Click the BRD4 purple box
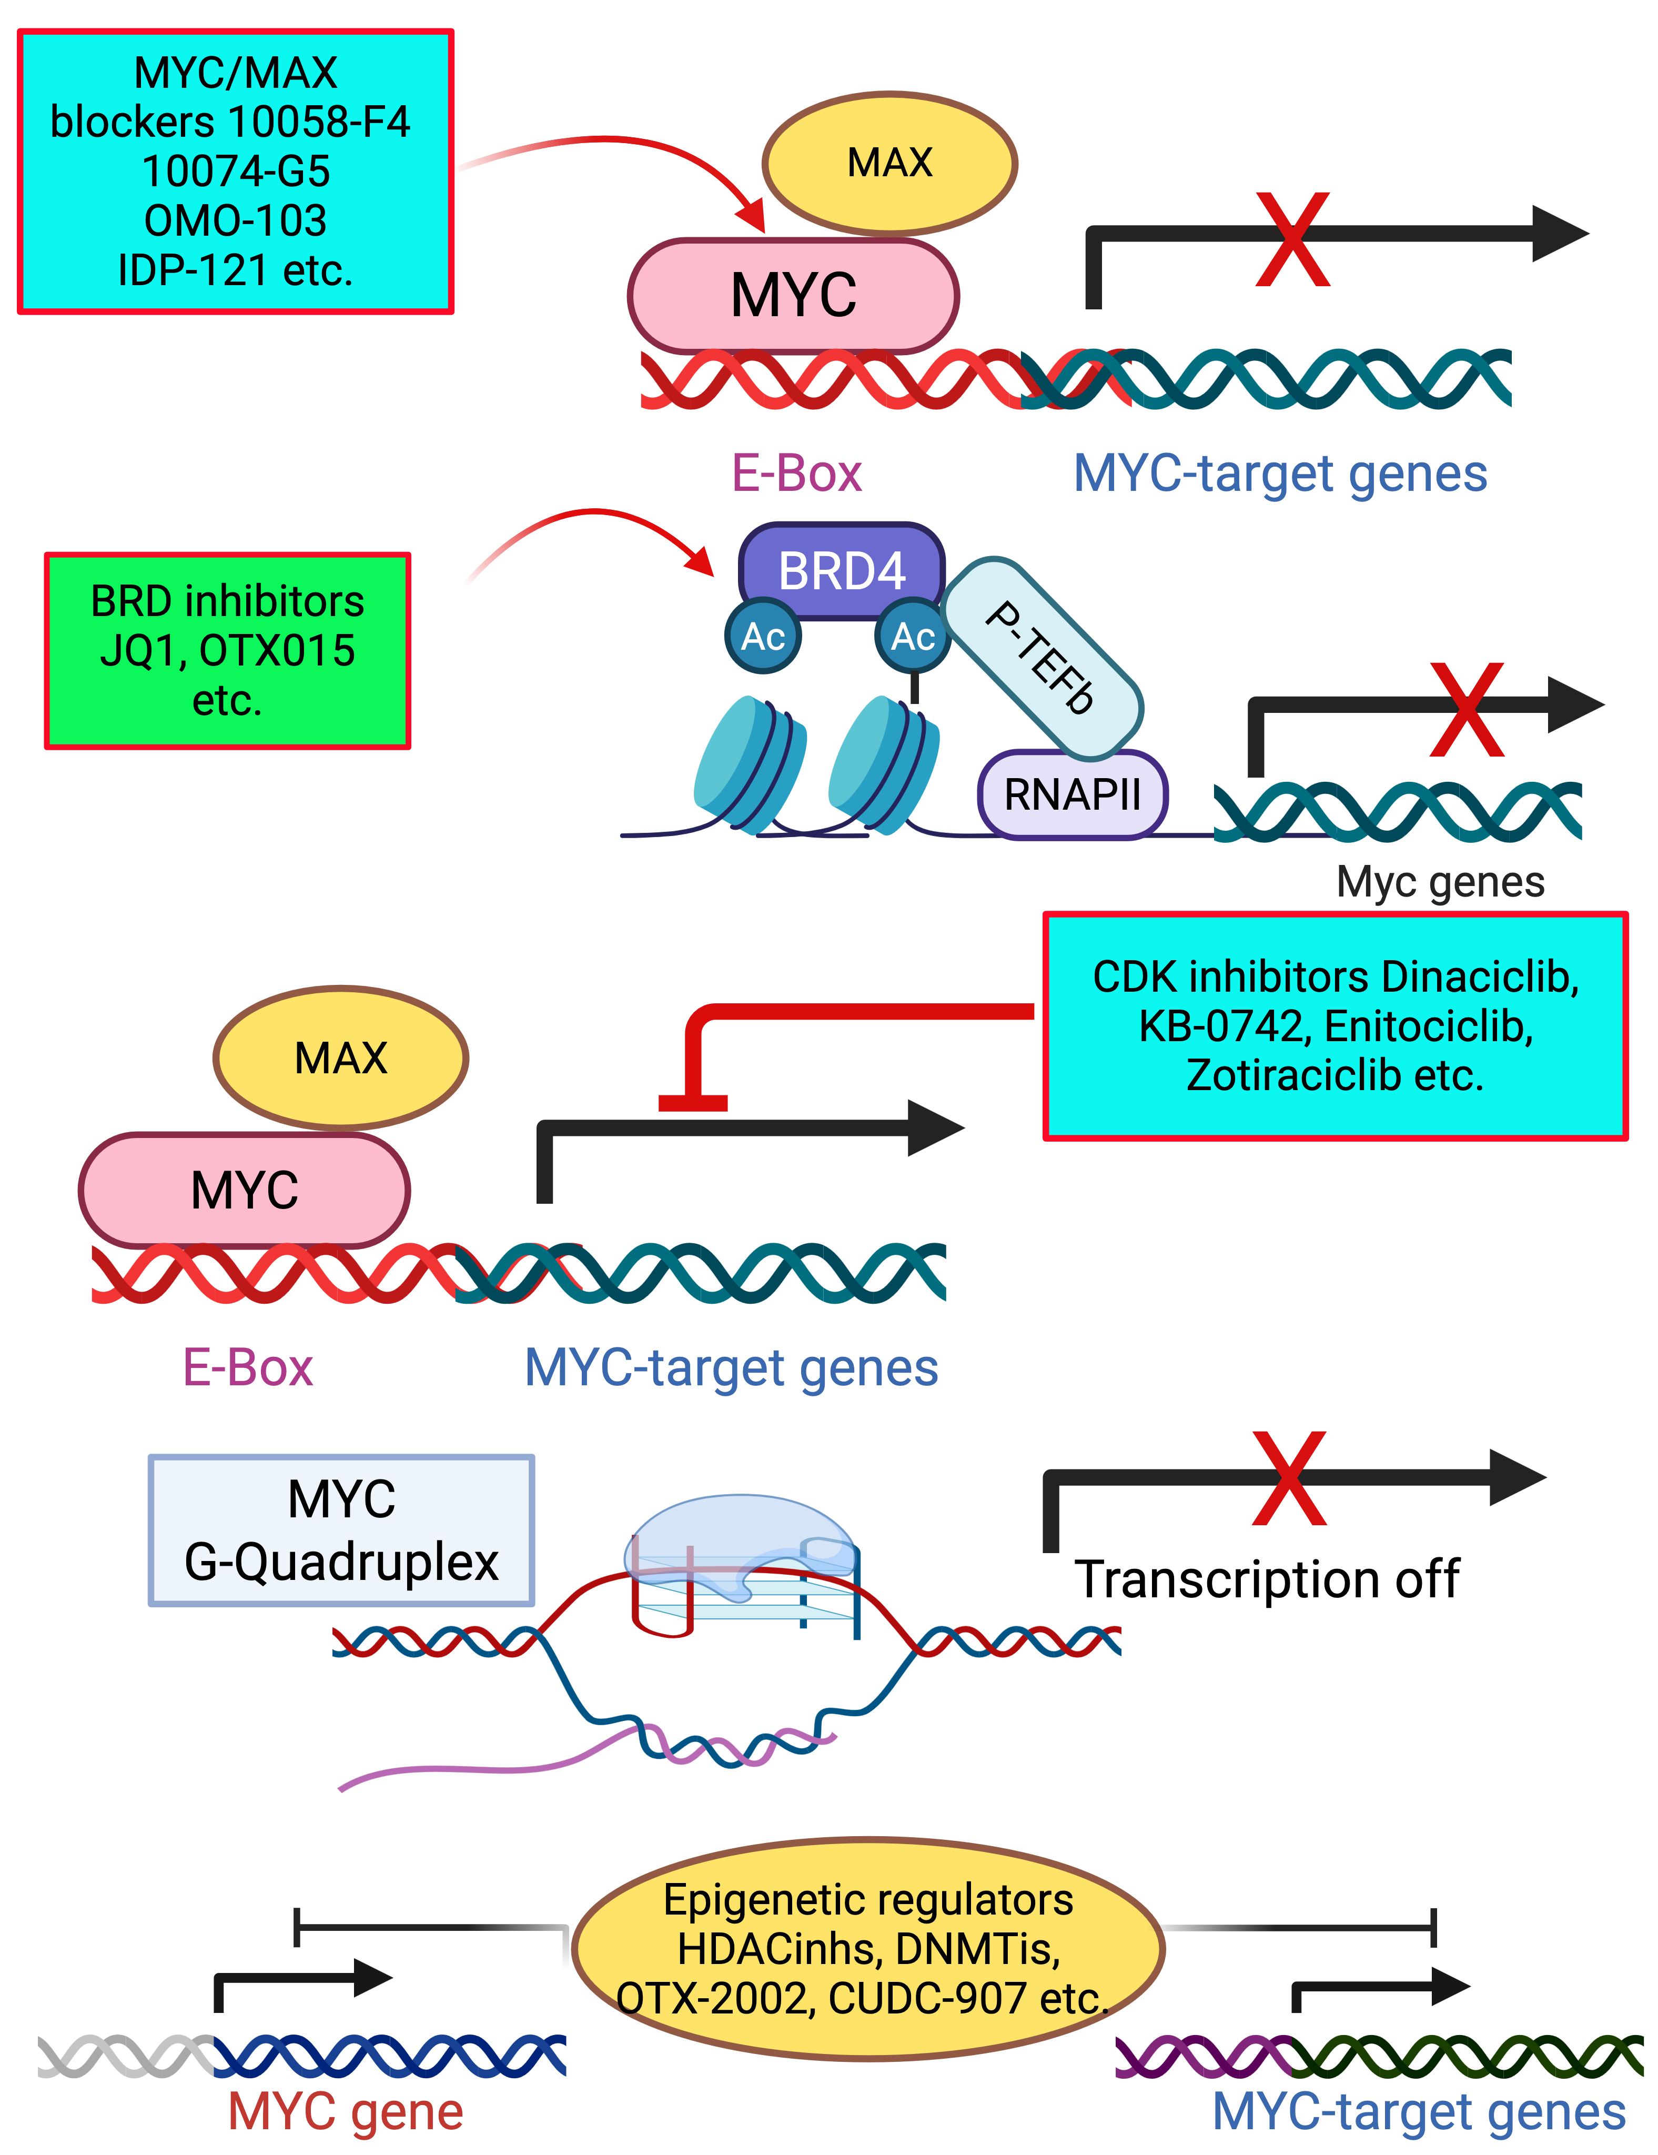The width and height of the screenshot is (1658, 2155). tap(841, 570)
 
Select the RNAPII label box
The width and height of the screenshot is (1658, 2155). tap(1072, 794)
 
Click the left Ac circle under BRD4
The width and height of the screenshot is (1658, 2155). tap(762, 637)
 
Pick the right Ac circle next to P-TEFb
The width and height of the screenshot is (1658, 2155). tap(912, 637)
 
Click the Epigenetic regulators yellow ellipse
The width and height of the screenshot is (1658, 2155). tap(868, 1949)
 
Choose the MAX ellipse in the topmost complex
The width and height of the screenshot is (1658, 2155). tap(889, 163)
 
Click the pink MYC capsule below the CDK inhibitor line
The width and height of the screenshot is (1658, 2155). tap(245, 1190)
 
